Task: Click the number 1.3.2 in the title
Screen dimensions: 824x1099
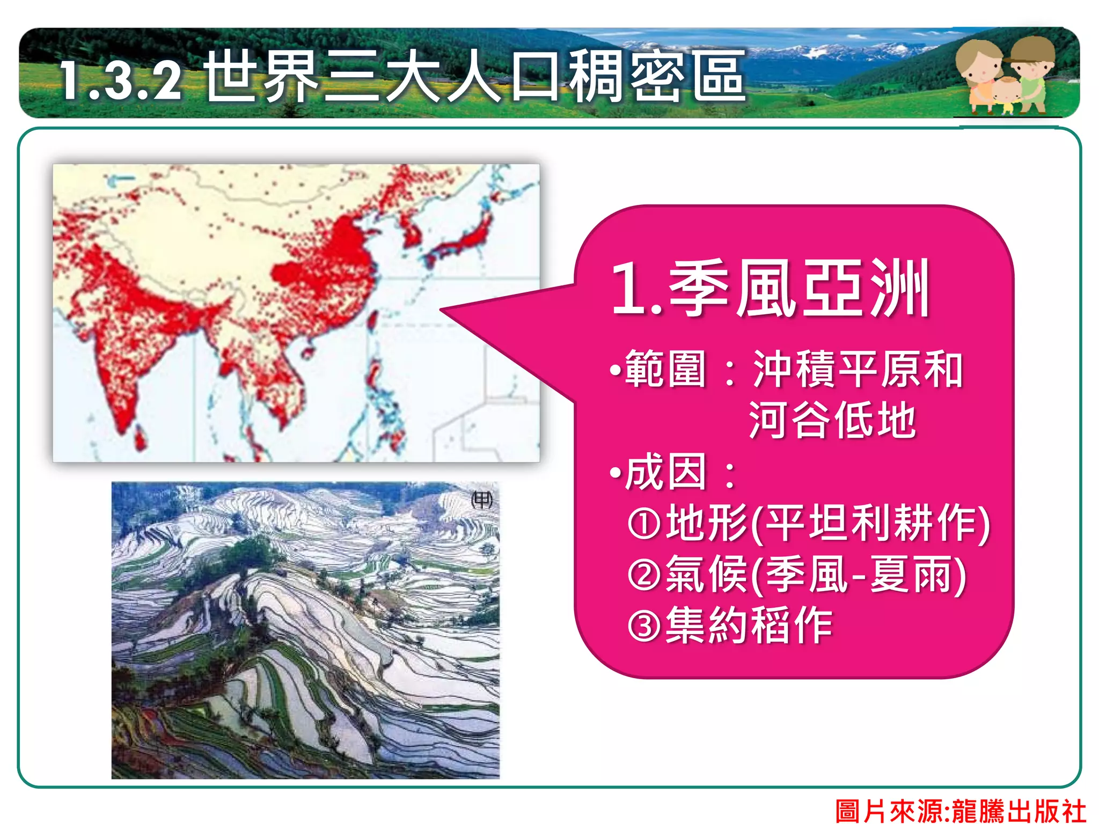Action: (x=121, y=80)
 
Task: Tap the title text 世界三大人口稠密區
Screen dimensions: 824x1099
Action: (x=475, y=77)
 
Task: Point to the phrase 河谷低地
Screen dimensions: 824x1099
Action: (x=832, y=420)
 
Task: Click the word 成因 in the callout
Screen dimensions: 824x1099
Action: (x=665, y=472)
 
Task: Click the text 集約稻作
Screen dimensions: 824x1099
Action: (x=749, y=625)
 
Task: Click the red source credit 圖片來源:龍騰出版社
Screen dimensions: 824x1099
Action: (x=961, y=811)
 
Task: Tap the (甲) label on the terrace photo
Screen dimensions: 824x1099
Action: (x=481, y=500)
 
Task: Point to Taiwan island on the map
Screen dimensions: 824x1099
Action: (x=372, y=321)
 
